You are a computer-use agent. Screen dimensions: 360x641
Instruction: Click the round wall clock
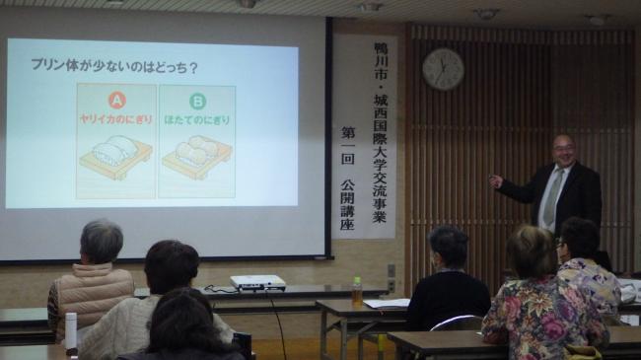click(443, 69)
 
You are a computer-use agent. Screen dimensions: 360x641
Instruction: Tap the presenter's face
click(563, 153)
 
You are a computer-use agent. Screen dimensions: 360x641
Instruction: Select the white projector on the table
click(257, 282)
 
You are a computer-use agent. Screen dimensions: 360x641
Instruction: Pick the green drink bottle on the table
click(356, 289)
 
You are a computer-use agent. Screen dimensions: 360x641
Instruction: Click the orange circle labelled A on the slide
click(116, 99)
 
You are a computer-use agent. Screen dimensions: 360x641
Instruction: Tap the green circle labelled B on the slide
click(196, 100)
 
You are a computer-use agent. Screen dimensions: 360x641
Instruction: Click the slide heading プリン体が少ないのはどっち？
click(113, 67)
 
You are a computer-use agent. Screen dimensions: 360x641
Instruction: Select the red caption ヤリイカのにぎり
click(116, 119)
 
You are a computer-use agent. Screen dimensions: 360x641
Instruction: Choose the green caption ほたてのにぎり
click(196, 120)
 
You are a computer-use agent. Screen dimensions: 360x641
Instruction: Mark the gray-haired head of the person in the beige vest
click(102, 241)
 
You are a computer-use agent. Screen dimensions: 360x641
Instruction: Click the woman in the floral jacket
click(541, 306)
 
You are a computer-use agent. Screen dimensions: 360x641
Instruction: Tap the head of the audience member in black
click(449, 246)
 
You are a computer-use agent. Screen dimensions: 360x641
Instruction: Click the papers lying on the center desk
click(387, 304)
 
